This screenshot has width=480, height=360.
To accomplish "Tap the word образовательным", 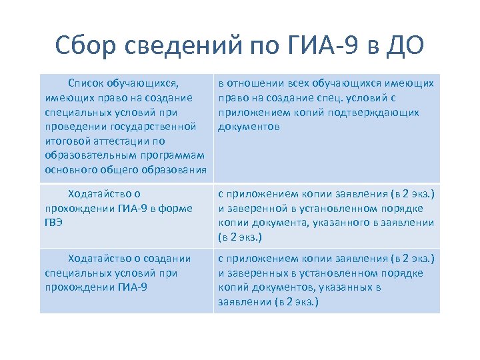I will (x=86, y=155).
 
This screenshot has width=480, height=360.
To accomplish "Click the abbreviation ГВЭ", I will (x=54, y=223).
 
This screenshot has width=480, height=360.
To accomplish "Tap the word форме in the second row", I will (x=177, y=208).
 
